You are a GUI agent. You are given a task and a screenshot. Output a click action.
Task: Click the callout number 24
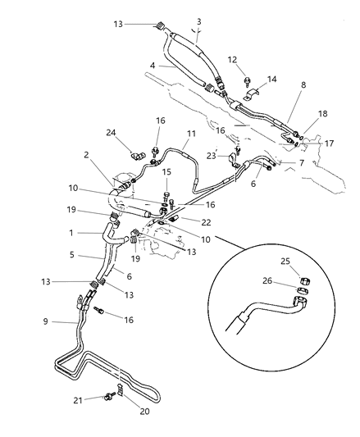[x=110, y=133]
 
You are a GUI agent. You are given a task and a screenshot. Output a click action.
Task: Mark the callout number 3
[x=198, y=20]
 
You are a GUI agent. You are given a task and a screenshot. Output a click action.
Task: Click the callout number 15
[x=168, y=172]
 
